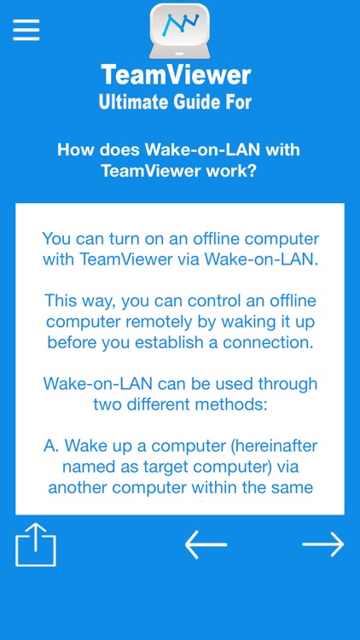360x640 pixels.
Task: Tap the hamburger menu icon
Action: (26, 30)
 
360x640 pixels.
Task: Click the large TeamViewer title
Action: (177, 75)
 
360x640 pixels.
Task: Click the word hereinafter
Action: (270, 445)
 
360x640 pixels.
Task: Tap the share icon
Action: (36, 545)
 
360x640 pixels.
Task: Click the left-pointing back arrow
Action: (206, 544)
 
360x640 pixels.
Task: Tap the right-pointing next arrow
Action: (322, 544)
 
